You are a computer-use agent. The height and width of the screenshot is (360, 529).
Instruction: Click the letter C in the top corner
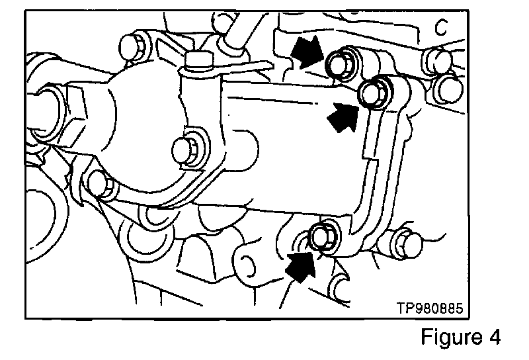tap(441, 27)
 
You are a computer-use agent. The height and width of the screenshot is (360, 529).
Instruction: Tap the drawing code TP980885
tap(429, 308)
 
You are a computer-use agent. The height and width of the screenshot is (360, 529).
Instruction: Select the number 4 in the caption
tap(493, 337)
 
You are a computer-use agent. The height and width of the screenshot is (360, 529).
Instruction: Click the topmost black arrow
tap(307, 52)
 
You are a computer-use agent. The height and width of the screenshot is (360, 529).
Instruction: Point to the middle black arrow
tap(343, 117)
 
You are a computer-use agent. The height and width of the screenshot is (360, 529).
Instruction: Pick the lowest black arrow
tap(300, 267)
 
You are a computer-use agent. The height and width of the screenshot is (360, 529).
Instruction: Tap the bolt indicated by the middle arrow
tap(374, 92)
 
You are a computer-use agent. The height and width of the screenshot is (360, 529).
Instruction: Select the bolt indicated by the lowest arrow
tap(322, 236)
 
